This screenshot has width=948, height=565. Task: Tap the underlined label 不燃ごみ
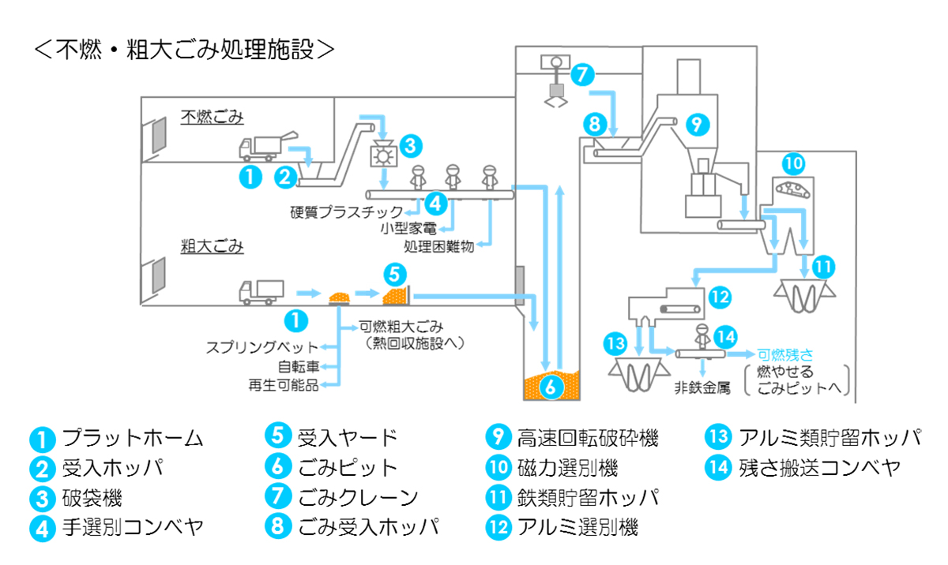[211, 118]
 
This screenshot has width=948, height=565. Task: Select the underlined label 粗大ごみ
[211, 246]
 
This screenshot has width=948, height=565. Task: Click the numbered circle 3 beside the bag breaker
[410, 145]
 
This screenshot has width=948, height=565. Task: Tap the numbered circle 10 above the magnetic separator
[796, 163]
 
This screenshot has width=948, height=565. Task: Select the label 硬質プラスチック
[346, 211]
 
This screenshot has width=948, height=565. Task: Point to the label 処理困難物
[438, 247]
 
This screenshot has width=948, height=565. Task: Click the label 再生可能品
[284, 385]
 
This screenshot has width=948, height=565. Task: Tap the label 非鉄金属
[702, 387]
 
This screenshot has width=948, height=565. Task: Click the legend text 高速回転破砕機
[588, 437]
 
